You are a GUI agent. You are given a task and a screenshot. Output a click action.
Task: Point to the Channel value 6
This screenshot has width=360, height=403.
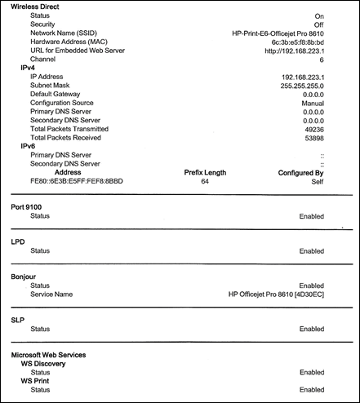322,60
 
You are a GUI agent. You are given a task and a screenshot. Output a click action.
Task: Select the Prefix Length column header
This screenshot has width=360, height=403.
205,173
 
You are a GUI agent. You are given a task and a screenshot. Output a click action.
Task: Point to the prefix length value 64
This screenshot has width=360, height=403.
205,182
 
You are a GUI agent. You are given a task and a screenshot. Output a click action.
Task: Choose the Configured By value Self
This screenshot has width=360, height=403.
316,182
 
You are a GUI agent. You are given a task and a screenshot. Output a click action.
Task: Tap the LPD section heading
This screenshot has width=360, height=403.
18,243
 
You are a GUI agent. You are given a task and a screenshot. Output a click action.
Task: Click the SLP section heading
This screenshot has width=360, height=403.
18,321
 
